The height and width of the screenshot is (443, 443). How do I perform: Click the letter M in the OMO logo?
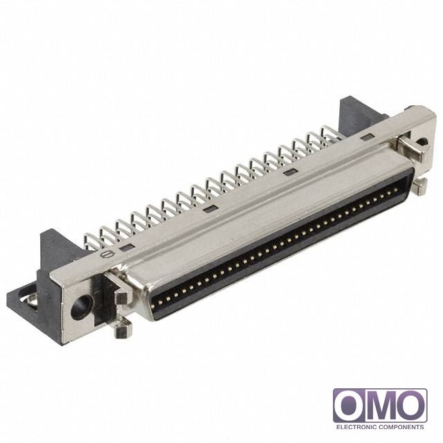380,406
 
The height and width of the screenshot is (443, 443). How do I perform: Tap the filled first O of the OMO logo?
350,406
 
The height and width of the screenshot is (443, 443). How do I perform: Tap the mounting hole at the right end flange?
422,141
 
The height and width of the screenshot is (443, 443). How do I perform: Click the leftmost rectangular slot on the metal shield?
126,248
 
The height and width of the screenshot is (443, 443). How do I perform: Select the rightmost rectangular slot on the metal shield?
367,138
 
